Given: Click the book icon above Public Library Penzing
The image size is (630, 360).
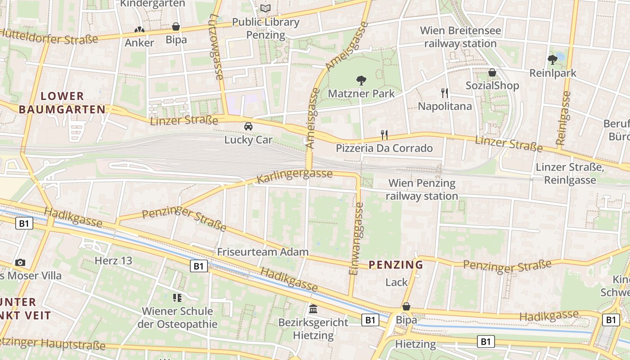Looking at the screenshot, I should tap(265, 9).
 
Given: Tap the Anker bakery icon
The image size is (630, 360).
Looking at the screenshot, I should tap(139, 30).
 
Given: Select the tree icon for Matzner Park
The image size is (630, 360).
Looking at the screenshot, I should tap(361, 81).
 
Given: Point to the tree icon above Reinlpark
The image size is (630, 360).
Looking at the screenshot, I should tap(553, 59).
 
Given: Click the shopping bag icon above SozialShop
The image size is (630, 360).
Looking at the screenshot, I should tap(492, 72).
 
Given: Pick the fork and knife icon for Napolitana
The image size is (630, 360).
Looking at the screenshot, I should tap(445, 93).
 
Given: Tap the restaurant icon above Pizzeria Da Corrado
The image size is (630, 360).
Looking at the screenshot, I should tap(384, 135).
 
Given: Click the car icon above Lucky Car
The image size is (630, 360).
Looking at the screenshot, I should tap(248, 126).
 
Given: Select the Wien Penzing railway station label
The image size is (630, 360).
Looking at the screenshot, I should tap(422, 189).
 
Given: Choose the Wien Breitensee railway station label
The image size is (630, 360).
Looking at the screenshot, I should tap(460, 37).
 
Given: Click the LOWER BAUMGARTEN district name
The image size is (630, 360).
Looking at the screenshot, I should tap(63, 103).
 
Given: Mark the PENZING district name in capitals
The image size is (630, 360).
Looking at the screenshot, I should tap(396, 265).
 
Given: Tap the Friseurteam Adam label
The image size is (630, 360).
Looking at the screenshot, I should tap(263, 252).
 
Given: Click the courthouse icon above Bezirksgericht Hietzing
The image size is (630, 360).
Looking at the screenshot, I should tap(313, 309).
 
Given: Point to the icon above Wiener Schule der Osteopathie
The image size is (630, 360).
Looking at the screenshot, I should tap(177, 298).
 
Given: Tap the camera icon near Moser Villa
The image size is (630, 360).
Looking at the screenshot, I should tap(20, 262).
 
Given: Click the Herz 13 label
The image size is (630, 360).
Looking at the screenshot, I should tap(113, 261).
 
